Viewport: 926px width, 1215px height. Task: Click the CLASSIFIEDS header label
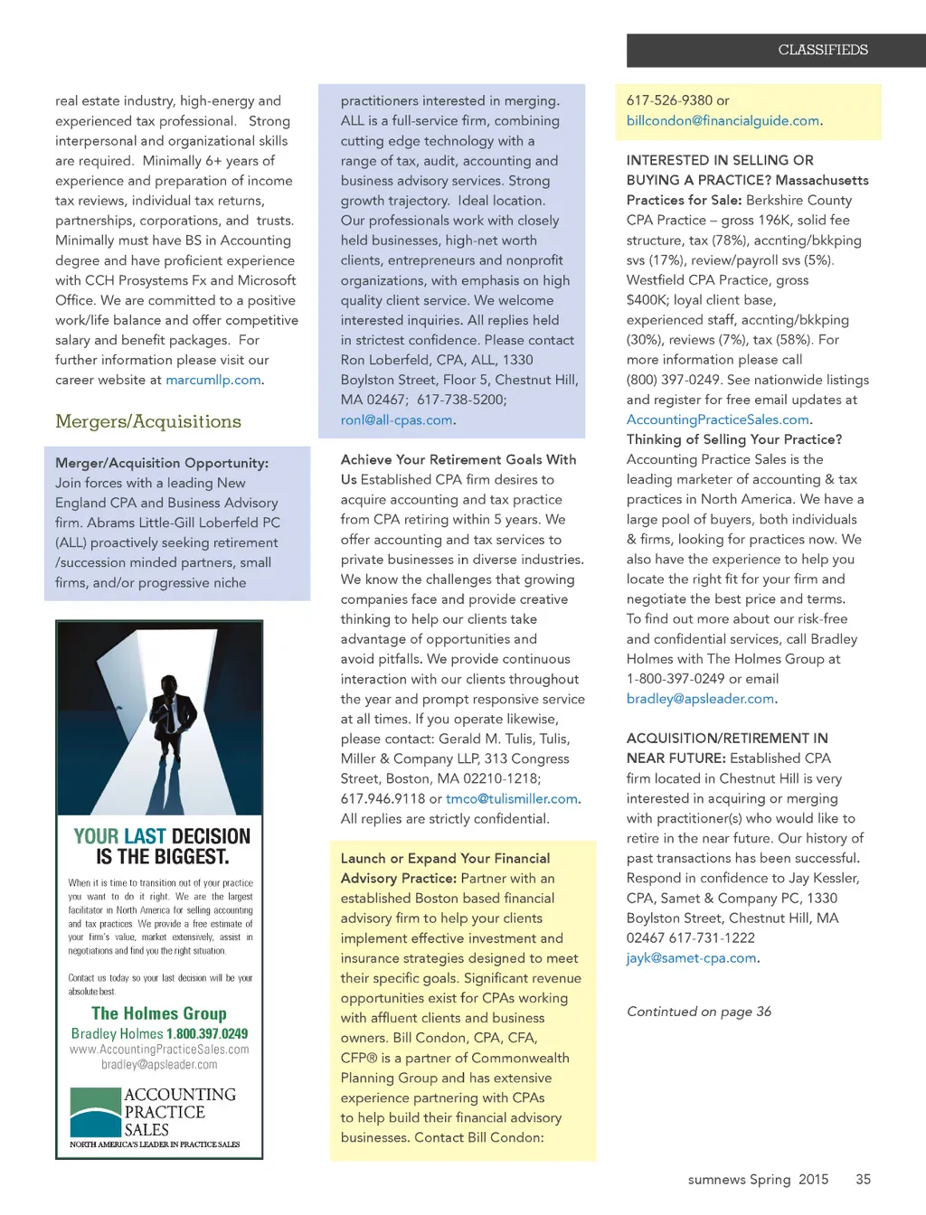click(x=822, y=50)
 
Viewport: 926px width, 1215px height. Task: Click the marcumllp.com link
click(x=213, y=380)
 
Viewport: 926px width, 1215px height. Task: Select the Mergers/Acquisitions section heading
click(x=148, y=421)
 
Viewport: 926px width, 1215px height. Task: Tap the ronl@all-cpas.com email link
click(x=396, y=419)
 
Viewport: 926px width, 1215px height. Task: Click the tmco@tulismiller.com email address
click(x=511, y=798)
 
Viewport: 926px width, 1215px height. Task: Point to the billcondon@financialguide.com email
click(x=723, y=120)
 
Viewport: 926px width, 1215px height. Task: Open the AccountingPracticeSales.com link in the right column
click(x=717, y=419)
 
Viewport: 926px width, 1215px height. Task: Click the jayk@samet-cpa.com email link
click(x=691, y=957)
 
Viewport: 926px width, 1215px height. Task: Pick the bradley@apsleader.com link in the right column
click(x=700, y=699)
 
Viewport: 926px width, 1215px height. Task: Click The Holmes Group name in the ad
click(x=159, y=1013)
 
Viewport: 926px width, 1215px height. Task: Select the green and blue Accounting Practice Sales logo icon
click(x=95, y=1111)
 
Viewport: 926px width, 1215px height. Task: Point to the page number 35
click(x=863, y=1179)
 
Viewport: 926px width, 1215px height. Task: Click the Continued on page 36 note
click(x=699, y=1011)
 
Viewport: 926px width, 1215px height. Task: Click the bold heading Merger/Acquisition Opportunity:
click(x=162, y=463)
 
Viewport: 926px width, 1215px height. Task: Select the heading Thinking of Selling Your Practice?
click(x=734, y=439)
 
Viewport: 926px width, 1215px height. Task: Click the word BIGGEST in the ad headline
click(x=186, y=856)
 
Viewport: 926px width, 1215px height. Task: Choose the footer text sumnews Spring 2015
click(x=758, y=1179)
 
